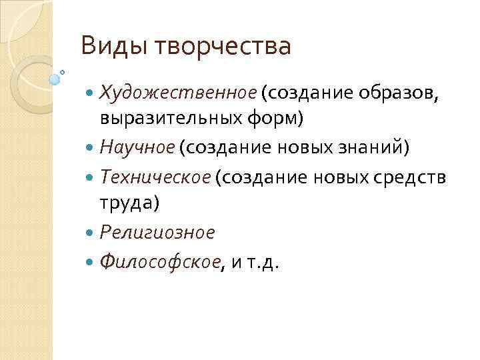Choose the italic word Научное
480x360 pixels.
pos(137,147)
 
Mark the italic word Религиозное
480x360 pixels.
pos(157,233)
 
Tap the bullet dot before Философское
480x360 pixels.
pos(91,262)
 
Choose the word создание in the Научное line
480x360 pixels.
pos(213,147)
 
